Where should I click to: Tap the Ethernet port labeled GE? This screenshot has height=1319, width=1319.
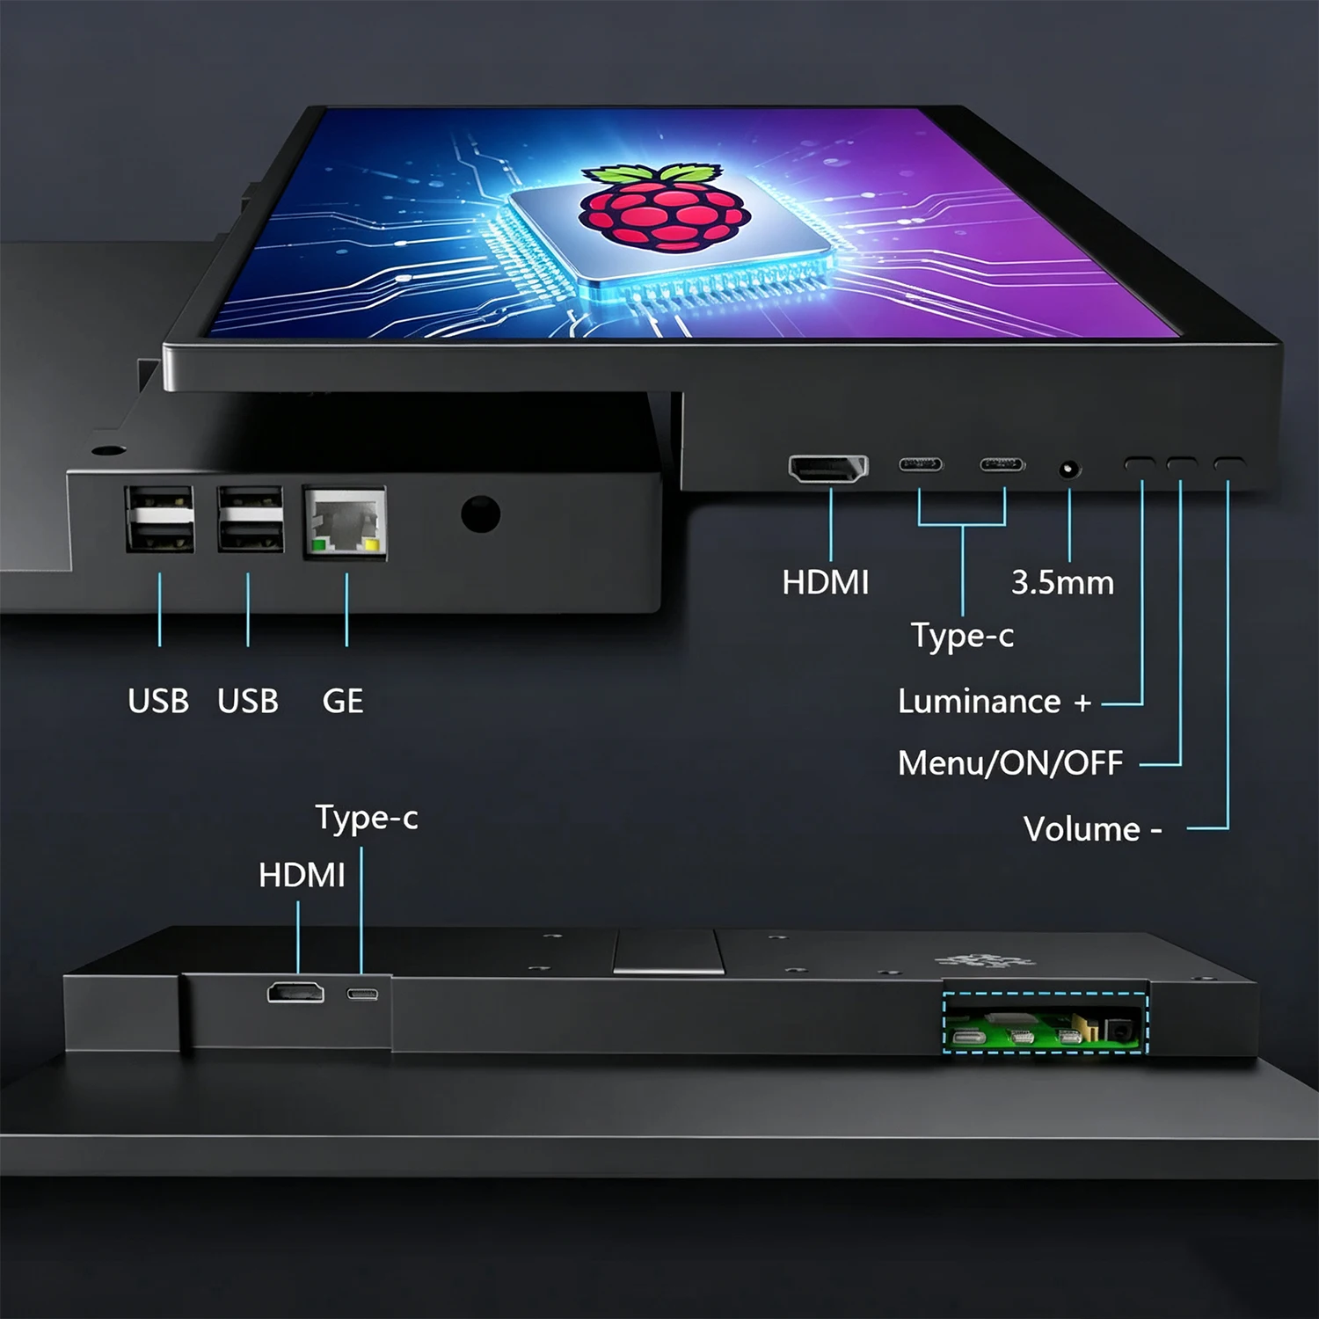coord(345,522)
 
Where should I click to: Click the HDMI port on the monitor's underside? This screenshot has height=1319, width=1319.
coord(827,469)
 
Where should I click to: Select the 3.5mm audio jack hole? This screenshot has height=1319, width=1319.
coord(1069,470)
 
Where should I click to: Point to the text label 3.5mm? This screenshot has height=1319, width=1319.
coord(1062,582)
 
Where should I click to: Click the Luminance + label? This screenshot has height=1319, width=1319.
coord(995,702)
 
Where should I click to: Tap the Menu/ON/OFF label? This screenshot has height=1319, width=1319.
coord(1010,762)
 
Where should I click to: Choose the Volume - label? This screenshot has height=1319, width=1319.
coord(1093,829)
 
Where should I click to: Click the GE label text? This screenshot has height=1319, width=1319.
coord(343,701)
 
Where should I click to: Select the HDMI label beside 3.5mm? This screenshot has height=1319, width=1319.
coord(826,582)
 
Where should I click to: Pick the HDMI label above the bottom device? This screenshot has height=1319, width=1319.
coord(302,875)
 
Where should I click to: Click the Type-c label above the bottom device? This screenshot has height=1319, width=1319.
coord(367,818)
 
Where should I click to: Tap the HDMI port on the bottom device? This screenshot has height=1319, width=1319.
coord(295,993)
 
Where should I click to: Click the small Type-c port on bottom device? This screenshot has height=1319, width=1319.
coord(362,995)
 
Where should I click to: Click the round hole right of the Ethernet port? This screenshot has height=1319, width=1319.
coord(480,514)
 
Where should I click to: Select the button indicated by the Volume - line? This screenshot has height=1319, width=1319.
coord(1228,463)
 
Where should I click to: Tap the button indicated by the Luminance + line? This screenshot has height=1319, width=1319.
coord(1140,463)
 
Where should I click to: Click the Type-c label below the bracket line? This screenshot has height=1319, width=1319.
coord(962,636)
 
